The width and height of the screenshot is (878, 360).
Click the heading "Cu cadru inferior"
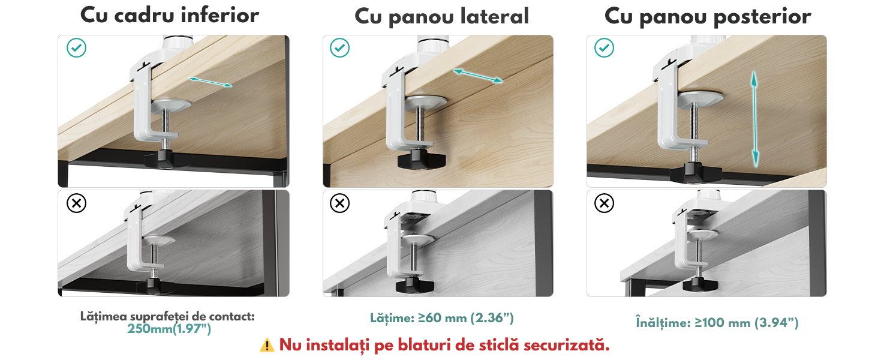tap(169, 16)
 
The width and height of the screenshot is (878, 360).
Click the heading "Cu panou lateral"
tap(442, 17)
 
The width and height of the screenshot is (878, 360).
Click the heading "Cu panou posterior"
tap(708, 17)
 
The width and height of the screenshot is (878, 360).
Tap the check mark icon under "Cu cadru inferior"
tap(76, 48)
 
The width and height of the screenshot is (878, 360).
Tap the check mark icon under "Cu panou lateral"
tap(339, 48)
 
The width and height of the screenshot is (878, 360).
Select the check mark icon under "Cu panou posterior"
tap(604, 48)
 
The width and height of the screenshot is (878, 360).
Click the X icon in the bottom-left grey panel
tap(76, 203)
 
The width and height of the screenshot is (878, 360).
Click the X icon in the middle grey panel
tap(339, 203)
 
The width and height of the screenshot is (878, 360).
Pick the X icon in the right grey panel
tap(604, 203)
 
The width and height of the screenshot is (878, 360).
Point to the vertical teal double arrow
tap(754, 119)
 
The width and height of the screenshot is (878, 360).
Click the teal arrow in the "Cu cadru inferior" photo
tap(211, 82)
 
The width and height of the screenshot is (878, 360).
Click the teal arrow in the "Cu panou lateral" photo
tap(478, 76)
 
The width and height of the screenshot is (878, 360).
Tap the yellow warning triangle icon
tap(267, 345)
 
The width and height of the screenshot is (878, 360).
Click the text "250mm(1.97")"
tap(169, 329)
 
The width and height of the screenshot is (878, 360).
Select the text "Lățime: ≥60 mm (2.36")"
tap(442, 317)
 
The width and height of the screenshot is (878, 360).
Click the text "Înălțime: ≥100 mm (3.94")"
tap(717, 323)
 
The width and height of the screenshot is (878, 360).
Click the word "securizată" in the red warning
tap(566, 345)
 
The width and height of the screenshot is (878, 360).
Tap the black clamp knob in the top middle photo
tap(422, 160)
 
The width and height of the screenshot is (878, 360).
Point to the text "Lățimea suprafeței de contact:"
tap(167, 316)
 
